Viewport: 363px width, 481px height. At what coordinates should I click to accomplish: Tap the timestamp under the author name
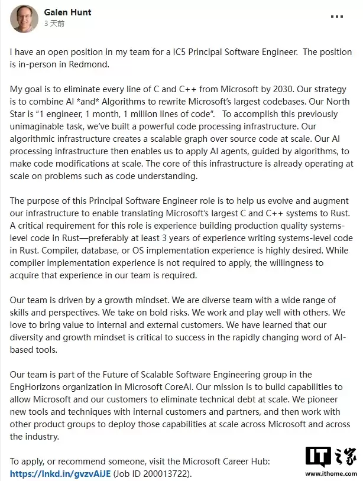[x=54, y=24]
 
